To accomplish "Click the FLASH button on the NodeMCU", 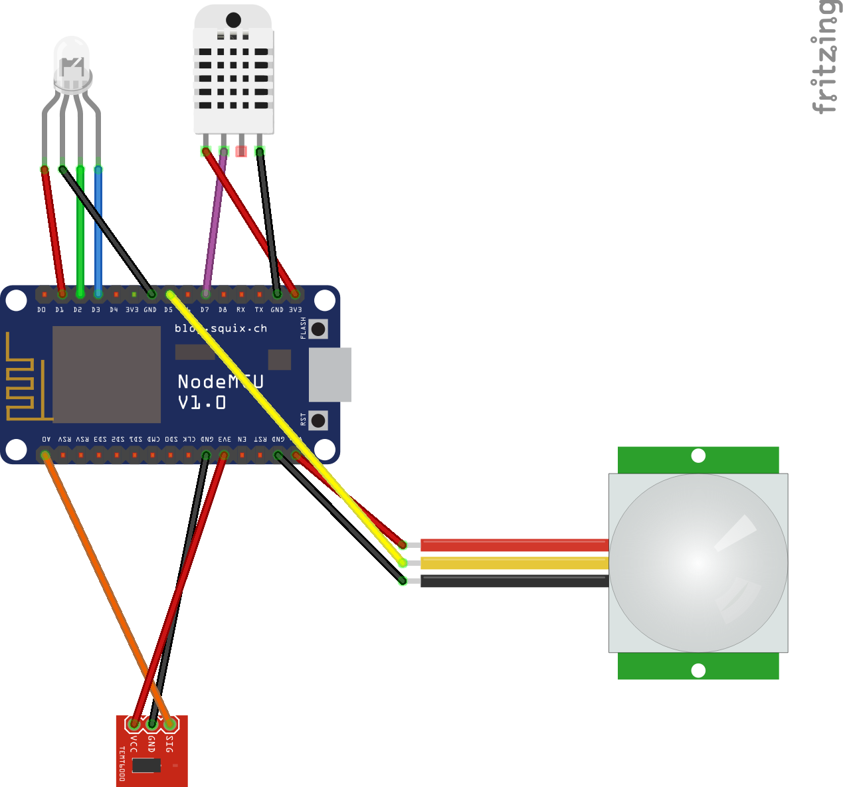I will click(x=318, y=329).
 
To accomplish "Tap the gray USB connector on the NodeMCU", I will click(x=330, y=375).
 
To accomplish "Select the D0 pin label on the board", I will click(x=42, y=310).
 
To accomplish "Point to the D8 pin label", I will click(x=223, y=310).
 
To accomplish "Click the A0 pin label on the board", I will click(x=46, y=439).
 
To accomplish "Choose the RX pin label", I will click(x=240, y=310).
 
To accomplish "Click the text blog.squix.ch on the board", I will click(x=221, y=328).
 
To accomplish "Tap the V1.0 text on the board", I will click(x=202, y=402).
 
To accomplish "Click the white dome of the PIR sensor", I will click(x=698, y=563).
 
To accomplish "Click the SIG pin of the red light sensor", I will click(x=170, y=724).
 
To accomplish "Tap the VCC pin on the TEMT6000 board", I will click(x=134, y=724).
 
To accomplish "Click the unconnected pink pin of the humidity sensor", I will click(x=241, y=151).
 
